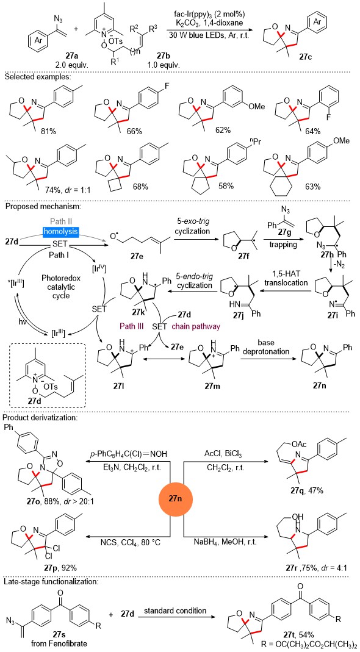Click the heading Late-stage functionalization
tap(51, 582)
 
